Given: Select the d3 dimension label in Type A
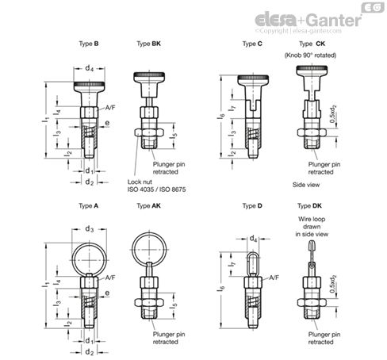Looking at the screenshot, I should [x=89, y=231].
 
